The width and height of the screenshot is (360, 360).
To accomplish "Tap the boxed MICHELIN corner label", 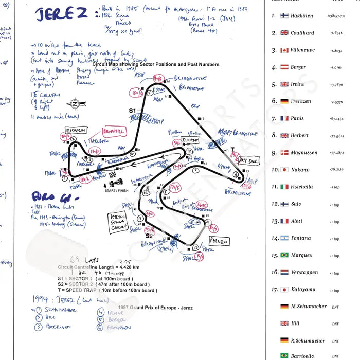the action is click(x=75, y=131).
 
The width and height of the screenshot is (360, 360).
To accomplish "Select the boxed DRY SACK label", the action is click(x=249, y=160).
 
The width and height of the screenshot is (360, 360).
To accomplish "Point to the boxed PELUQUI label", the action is click(x=220, y=241).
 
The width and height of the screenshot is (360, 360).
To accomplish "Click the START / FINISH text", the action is click(x=116, y=191).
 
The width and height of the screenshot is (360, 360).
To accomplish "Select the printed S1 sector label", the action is click(x=132, y=111).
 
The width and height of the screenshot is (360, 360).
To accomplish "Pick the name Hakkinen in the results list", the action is click(x=302, y=16).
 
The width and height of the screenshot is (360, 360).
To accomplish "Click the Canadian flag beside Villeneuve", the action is click(x=284, y=50).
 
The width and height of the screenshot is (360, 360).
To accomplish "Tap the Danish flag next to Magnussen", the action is click(x=284, y=153).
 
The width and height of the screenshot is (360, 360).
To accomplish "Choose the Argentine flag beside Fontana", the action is click(x=284, y=238).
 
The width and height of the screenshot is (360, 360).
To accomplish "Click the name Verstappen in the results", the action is click(x=304, y=272).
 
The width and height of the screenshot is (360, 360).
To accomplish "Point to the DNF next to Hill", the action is click(x=335, y=323).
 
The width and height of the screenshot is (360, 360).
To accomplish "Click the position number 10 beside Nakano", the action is click(x=274, y=170).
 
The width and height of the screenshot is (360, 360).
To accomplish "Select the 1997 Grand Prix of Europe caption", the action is click(x=148, y=307).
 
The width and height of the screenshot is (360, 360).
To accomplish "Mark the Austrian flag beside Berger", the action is click(x=284, y=67).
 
